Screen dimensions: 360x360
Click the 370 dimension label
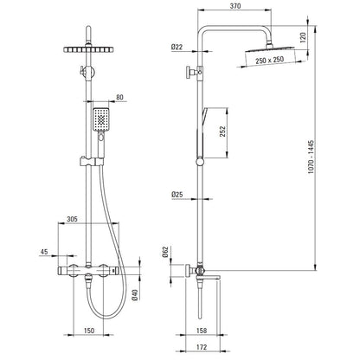(235, 6)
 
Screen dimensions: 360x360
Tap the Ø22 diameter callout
(177, 47)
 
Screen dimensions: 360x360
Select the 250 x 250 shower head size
(269, 60)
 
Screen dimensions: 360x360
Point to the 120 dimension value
(303, 37)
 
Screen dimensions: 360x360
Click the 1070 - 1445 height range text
(311, 157)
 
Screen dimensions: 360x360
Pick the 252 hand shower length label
(222, 132)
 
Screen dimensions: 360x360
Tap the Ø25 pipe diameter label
(177, 195)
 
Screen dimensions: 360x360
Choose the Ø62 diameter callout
(165, 252)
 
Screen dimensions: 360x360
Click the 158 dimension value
(202, 331)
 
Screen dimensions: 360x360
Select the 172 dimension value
(202, 347)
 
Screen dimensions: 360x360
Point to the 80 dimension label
(119, 97)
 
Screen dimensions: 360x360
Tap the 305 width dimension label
(72, 219)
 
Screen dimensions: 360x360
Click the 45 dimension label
(44, 252)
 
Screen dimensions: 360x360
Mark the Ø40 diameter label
(135, 294)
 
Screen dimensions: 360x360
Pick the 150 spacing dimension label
(88, 331)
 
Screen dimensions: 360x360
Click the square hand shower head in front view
(100, 119)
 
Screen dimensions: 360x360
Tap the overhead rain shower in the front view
(88, 49)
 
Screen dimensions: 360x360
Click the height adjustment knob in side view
(191, 71)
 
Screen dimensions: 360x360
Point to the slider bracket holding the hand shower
(91, 162)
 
